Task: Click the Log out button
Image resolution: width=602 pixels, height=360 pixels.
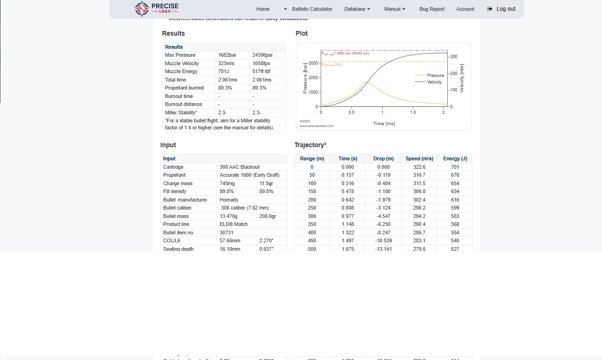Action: click(501, 9)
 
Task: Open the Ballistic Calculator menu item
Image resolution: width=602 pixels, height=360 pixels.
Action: click(312, 9)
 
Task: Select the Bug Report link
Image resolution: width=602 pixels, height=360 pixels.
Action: click(432, 9)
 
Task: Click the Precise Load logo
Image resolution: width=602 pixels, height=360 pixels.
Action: click(156, 8)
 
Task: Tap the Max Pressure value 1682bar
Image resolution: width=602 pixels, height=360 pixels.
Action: click(227, 55)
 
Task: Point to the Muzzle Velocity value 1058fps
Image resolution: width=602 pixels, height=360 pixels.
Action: click(261, 63)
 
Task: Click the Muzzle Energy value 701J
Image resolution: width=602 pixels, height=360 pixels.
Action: click(224, 72)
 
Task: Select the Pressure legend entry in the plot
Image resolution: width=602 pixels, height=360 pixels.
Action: click(435, 75)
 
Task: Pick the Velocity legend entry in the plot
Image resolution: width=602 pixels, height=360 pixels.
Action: click(434, 82)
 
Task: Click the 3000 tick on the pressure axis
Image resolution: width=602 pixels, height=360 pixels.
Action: click(313, 62)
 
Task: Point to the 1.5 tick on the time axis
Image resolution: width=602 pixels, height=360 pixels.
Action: click(413, 112)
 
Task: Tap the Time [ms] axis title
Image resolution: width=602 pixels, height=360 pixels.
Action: click(384, 124)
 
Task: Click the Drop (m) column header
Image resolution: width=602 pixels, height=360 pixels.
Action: click(384, 159)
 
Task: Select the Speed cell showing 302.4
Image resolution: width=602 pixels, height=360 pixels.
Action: click(419, 200)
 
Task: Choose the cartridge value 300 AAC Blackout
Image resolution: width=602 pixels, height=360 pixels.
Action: click(240, 167)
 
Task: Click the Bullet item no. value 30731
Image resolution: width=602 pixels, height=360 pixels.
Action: click(226, 232)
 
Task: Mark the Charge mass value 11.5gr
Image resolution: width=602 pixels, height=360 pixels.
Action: click(266, 183)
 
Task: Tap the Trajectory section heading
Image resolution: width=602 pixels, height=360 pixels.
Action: click(310, 145)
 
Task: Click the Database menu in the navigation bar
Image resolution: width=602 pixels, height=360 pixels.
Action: click(357, 9)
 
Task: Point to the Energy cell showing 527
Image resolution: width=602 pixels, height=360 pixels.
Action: click(455, 249)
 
